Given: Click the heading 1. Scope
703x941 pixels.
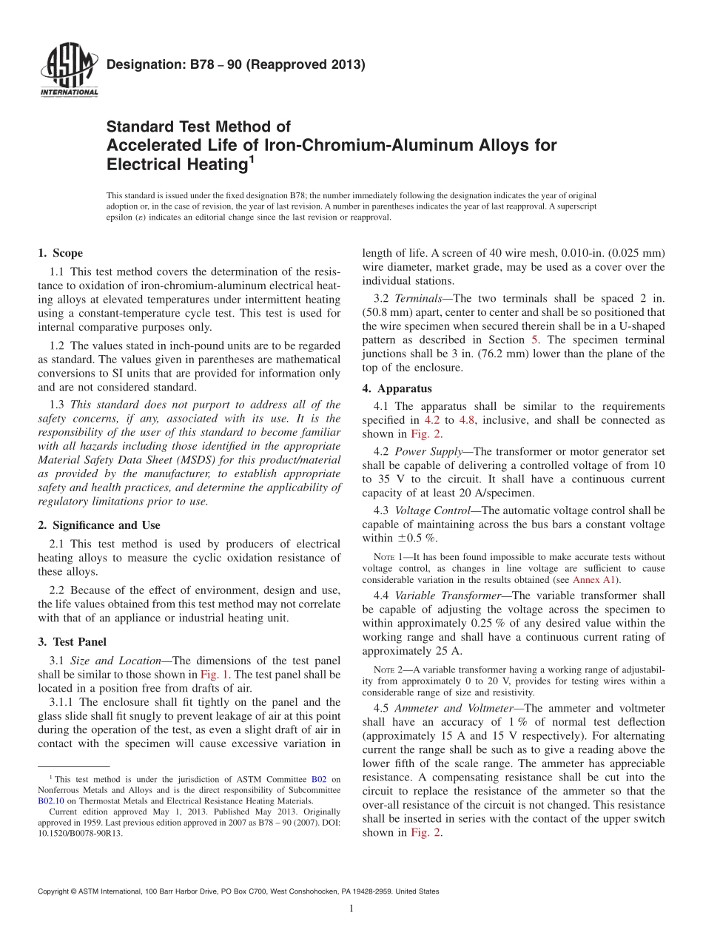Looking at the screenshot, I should pyautogui.click(x=61, y=253).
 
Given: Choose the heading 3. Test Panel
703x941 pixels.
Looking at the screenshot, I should pyautogui.click(x=72, y=642).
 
